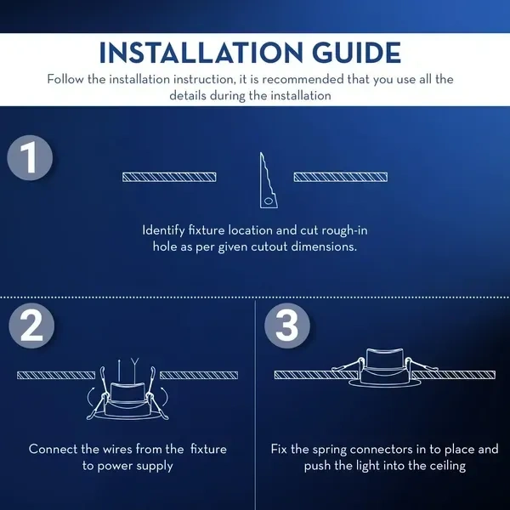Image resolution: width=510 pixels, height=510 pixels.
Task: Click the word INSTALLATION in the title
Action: point(201,53)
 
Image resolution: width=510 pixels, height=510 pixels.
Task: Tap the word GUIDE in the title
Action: point(356,53)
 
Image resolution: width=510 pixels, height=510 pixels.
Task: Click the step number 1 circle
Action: point(30,158)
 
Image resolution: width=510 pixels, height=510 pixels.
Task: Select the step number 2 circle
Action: point(31,326)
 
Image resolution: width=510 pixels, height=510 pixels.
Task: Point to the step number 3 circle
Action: point(287,326)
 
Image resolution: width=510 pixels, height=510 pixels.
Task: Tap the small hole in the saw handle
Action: point(269,201)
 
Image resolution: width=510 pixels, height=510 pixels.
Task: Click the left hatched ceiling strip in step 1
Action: point(169,178)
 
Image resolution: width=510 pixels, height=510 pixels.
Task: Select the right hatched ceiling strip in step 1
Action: point(341,178)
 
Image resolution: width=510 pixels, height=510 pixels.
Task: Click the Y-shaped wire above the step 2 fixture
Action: point(134,370)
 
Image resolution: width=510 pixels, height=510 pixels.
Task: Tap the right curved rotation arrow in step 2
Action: point(166,397)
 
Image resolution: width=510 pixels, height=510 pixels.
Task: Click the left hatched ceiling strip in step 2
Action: point(56,376)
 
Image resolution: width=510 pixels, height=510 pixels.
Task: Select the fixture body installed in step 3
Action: point(385,367)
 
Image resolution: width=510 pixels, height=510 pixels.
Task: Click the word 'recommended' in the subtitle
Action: point(303,79)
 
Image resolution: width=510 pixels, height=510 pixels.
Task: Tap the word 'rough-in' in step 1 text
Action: point(344,230)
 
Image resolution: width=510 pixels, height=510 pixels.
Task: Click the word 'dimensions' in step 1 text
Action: point(324,246)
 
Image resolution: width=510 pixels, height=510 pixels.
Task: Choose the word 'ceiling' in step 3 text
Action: point(448,466)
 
